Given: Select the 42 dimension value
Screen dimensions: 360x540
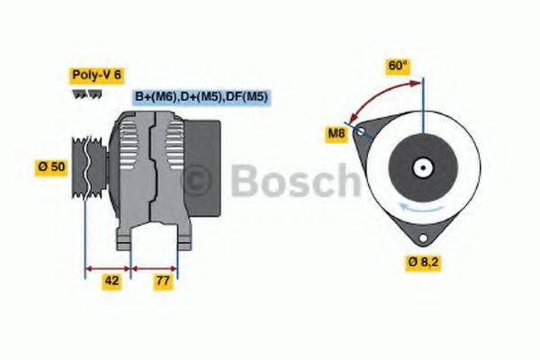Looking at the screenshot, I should click(111, 282).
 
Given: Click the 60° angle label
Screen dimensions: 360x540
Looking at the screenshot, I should click(397, 66).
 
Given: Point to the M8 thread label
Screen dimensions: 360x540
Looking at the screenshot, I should click(337, 135).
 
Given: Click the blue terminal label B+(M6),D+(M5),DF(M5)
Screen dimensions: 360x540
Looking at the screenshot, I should click(202, 97).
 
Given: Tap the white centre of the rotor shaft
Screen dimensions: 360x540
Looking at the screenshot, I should click(420, 167).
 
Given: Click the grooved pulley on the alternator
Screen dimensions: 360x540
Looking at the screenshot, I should click(88, 166).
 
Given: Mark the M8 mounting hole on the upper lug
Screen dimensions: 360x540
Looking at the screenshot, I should click(362, 130).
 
